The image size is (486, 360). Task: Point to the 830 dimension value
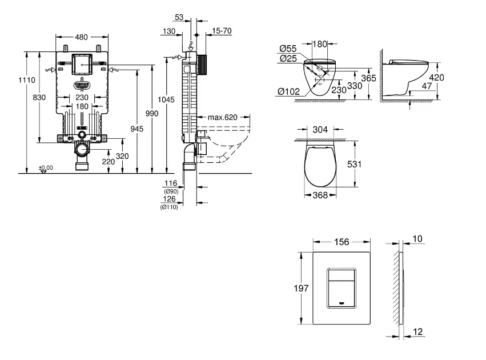(39, 98)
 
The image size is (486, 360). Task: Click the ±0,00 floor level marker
(46, 167)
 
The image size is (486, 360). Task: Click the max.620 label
(222, 118)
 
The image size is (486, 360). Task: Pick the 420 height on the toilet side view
(437, 77)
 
